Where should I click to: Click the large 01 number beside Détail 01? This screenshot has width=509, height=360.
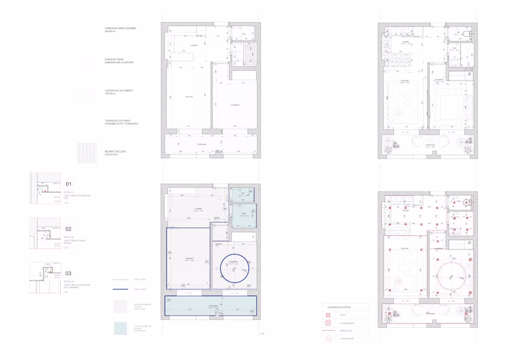[x=68, y=184]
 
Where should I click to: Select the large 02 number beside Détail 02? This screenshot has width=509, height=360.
[x=68, y=229]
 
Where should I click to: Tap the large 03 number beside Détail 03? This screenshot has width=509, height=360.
[x=68, y=273]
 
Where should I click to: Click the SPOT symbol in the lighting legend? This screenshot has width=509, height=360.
[x=328, y=315]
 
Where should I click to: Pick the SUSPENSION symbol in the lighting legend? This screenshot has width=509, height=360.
[x=328, y=323]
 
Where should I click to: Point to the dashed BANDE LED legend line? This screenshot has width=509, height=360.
[x=328, y=331]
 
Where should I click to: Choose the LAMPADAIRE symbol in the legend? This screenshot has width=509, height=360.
[x=328, y=339]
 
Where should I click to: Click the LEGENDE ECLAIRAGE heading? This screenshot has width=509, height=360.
[x=339, y=307]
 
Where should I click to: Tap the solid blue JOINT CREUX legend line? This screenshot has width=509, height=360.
[x=120, y=289]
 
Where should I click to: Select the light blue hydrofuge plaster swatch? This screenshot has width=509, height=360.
[x=120, y=328]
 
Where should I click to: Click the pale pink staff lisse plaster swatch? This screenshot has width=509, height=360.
[x=120, y=306]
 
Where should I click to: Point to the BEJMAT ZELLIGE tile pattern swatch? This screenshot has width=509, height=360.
[x=87, y=153]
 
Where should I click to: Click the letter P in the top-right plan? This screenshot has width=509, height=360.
[x=469, y=74]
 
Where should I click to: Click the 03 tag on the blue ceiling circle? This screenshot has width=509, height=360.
[x=249, y=262]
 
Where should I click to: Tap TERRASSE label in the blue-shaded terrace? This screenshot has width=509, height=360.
[x=213, y=306]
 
